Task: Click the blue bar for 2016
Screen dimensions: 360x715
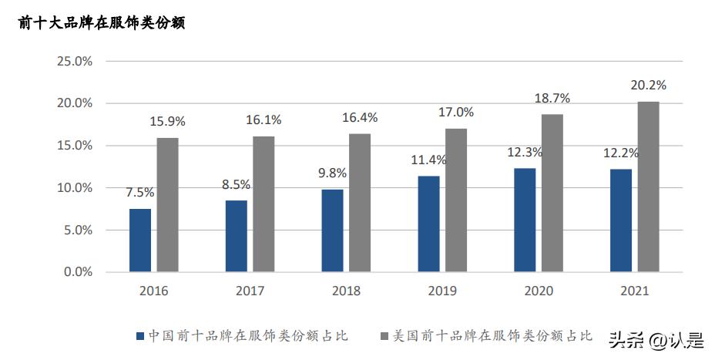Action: point(140,240)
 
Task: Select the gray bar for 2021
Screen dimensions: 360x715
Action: point(649,187)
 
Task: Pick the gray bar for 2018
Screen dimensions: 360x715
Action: point(360,203)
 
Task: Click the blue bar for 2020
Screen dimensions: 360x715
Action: point(525,220)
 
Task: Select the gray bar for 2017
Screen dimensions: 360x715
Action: point(264,204)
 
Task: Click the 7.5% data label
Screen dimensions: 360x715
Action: point(140,193)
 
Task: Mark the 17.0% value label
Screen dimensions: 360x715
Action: point(456,113)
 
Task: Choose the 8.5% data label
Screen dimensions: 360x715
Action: point(237,184)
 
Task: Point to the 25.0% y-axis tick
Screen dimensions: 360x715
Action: point(74,61)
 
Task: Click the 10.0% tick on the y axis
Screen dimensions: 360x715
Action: point(74,187)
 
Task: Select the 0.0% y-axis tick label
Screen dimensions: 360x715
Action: point(77,272)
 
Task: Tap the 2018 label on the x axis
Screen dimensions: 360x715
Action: point(346,291)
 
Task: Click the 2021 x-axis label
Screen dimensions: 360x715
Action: point(634,291)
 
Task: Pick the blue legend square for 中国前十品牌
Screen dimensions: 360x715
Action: point(140,336)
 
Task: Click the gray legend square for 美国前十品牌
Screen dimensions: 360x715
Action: point(385,336)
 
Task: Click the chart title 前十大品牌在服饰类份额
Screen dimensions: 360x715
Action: point(102,23)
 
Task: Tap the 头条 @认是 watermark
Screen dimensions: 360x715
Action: point(656,339)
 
